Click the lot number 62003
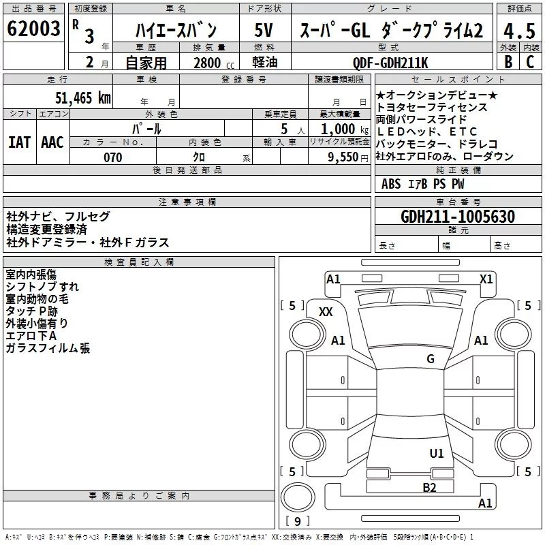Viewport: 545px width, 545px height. click(34, 30)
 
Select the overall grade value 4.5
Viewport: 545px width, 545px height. click(518, 31)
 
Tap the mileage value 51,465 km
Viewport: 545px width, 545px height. click(82, 98)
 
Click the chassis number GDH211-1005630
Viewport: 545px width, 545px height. click(458, 217)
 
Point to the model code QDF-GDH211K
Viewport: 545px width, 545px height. click(390, 63)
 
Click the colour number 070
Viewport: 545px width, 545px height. click(112, 157)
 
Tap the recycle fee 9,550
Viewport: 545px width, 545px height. click(343, 157)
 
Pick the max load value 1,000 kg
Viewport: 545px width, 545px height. click(342, 129)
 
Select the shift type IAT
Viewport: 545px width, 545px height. click(20, 142)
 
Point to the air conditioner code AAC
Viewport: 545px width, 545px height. click(52, 142)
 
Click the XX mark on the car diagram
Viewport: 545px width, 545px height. click(326, 311)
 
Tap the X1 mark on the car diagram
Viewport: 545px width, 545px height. click(486, 279)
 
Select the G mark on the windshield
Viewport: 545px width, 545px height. click(430, 359)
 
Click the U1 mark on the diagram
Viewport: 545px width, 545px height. click(436, 453)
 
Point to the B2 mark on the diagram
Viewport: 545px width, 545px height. click(429, 487)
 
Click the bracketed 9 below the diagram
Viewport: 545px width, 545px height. click(297, 522)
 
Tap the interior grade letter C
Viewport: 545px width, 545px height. click(529, 61)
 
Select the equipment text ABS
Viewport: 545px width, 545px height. click(391, 184)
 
